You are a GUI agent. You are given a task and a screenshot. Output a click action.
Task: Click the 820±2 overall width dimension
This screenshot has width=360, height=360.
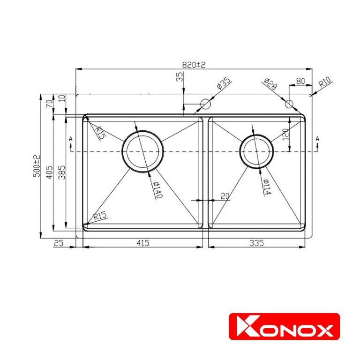point(194,65)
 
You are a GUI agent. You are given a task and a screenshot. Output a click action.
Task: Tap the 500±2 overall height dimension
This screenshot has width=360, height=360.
point(37,166)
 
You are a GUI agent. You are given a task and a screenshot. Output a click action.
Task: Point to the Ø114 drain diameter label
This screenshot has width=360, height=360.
point(267,187)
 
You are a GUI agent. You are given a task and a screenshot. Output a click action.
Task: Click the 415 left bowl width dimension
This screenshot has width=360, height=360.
point(143,243)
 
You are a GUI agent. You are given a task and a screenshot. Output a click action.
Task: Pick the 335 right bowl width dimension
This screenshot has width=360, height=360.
point(257,243)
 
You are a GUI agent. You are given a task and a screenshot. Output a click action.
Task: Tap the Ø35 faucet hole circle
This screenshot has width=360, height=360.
point(205,104)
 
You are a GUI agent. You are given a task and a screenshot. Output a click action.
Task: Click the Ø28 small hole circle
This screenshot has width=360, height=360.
point(289,104)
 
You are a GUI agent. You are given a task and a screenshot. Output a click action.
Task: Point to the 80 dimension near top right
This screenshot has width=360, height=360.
point(300,81)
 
